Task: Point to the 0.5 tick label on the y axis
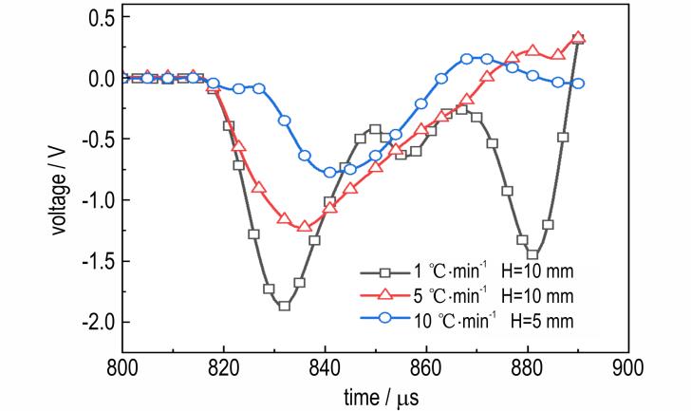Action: coord(98,18)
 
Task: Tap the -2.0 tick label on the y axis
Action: coord(94,323)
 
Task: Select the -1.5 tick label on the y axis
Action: coord(94,262)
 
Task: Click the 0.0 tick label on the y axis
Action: coord(98,79)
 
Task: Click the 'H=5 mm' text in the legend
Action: coord(536,319)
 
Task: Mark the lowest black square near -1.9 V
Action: coord(284,305)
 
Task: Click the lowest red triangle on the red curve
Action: coord(304,226)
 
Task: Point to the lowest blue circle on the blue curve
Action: coord(329,172)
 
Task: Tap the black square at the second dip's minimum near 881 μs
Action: coord(532,253)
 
